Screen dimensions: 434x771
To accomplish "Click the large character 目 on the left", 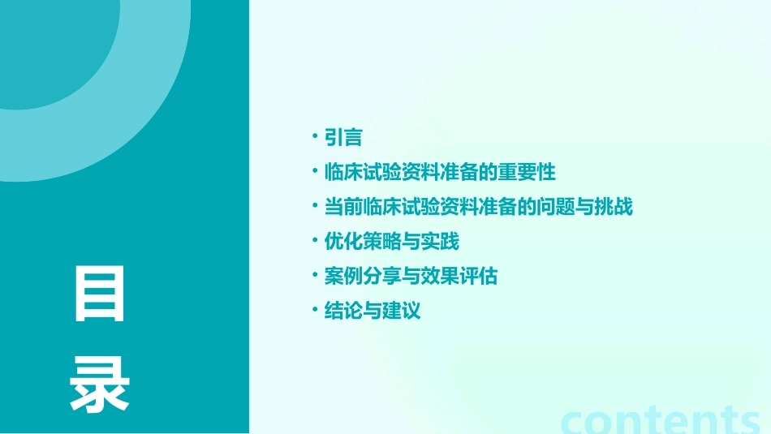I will click(x=101, y=294).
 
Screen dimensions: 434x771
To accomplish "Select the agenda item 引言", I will click(x=343, y=138).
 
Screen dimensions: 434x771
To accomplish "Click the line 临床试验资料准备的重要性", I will click(x=440, y=173).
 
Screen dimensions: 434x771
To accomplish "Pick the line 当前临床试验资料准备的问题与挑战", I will click(x=478, y=207).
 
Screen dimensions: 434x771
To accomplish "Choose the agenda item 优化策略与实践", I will click(x=392, y=242).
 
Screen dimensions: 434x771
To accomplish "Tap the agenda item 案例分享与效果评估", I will click(x=411, y=277).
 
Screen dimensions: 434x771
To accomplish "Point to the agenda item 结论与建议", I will click(x=373, y=311).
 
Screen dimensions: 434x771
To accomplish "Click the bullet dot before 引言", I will click(x=316, y=137).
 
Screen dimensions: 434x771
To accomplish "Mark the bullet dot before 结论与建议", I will click(x=316, y=310).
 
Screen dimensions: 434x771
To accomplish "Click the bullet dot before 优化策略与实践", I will click(x=316, y=241).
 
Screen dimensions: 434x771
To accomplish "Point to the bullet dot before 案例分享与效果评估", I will click(x=316, y=276).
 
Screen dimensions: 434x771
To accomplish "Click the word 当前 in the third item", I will click(x=343, y=207).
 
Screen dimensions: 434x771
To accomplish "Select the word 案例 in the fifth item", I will click(x=343, y=277).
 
